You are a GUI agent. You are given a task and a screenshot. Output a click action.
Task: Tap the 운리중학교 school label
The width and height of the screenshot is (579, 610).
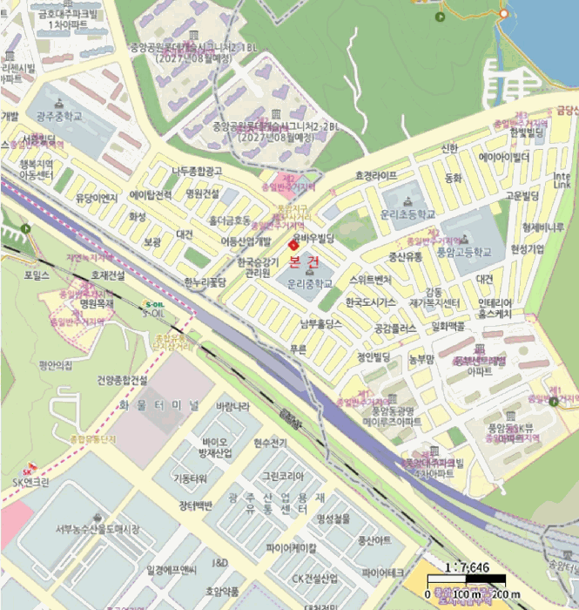pyautogui.click(x=311, y=284)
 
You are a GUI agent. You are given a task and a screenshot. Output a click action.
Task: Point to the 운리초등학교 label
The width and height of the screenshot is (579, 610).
pyautogui.click(x=407, y=213)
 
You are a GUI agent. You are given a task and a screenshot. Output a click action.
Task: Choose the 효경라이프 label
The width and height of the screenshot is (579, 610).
pyautogui.click(x=376, y=175)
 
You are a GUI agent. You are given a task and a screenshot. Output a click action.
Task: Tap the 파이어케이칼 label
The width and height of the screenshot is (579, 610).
pyautogui.click(x=292, y=548)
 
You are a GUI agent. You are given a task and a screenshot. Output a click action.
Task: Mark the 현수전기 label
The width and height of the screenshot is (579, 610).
pyautogui.click(x=270, y=444)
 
